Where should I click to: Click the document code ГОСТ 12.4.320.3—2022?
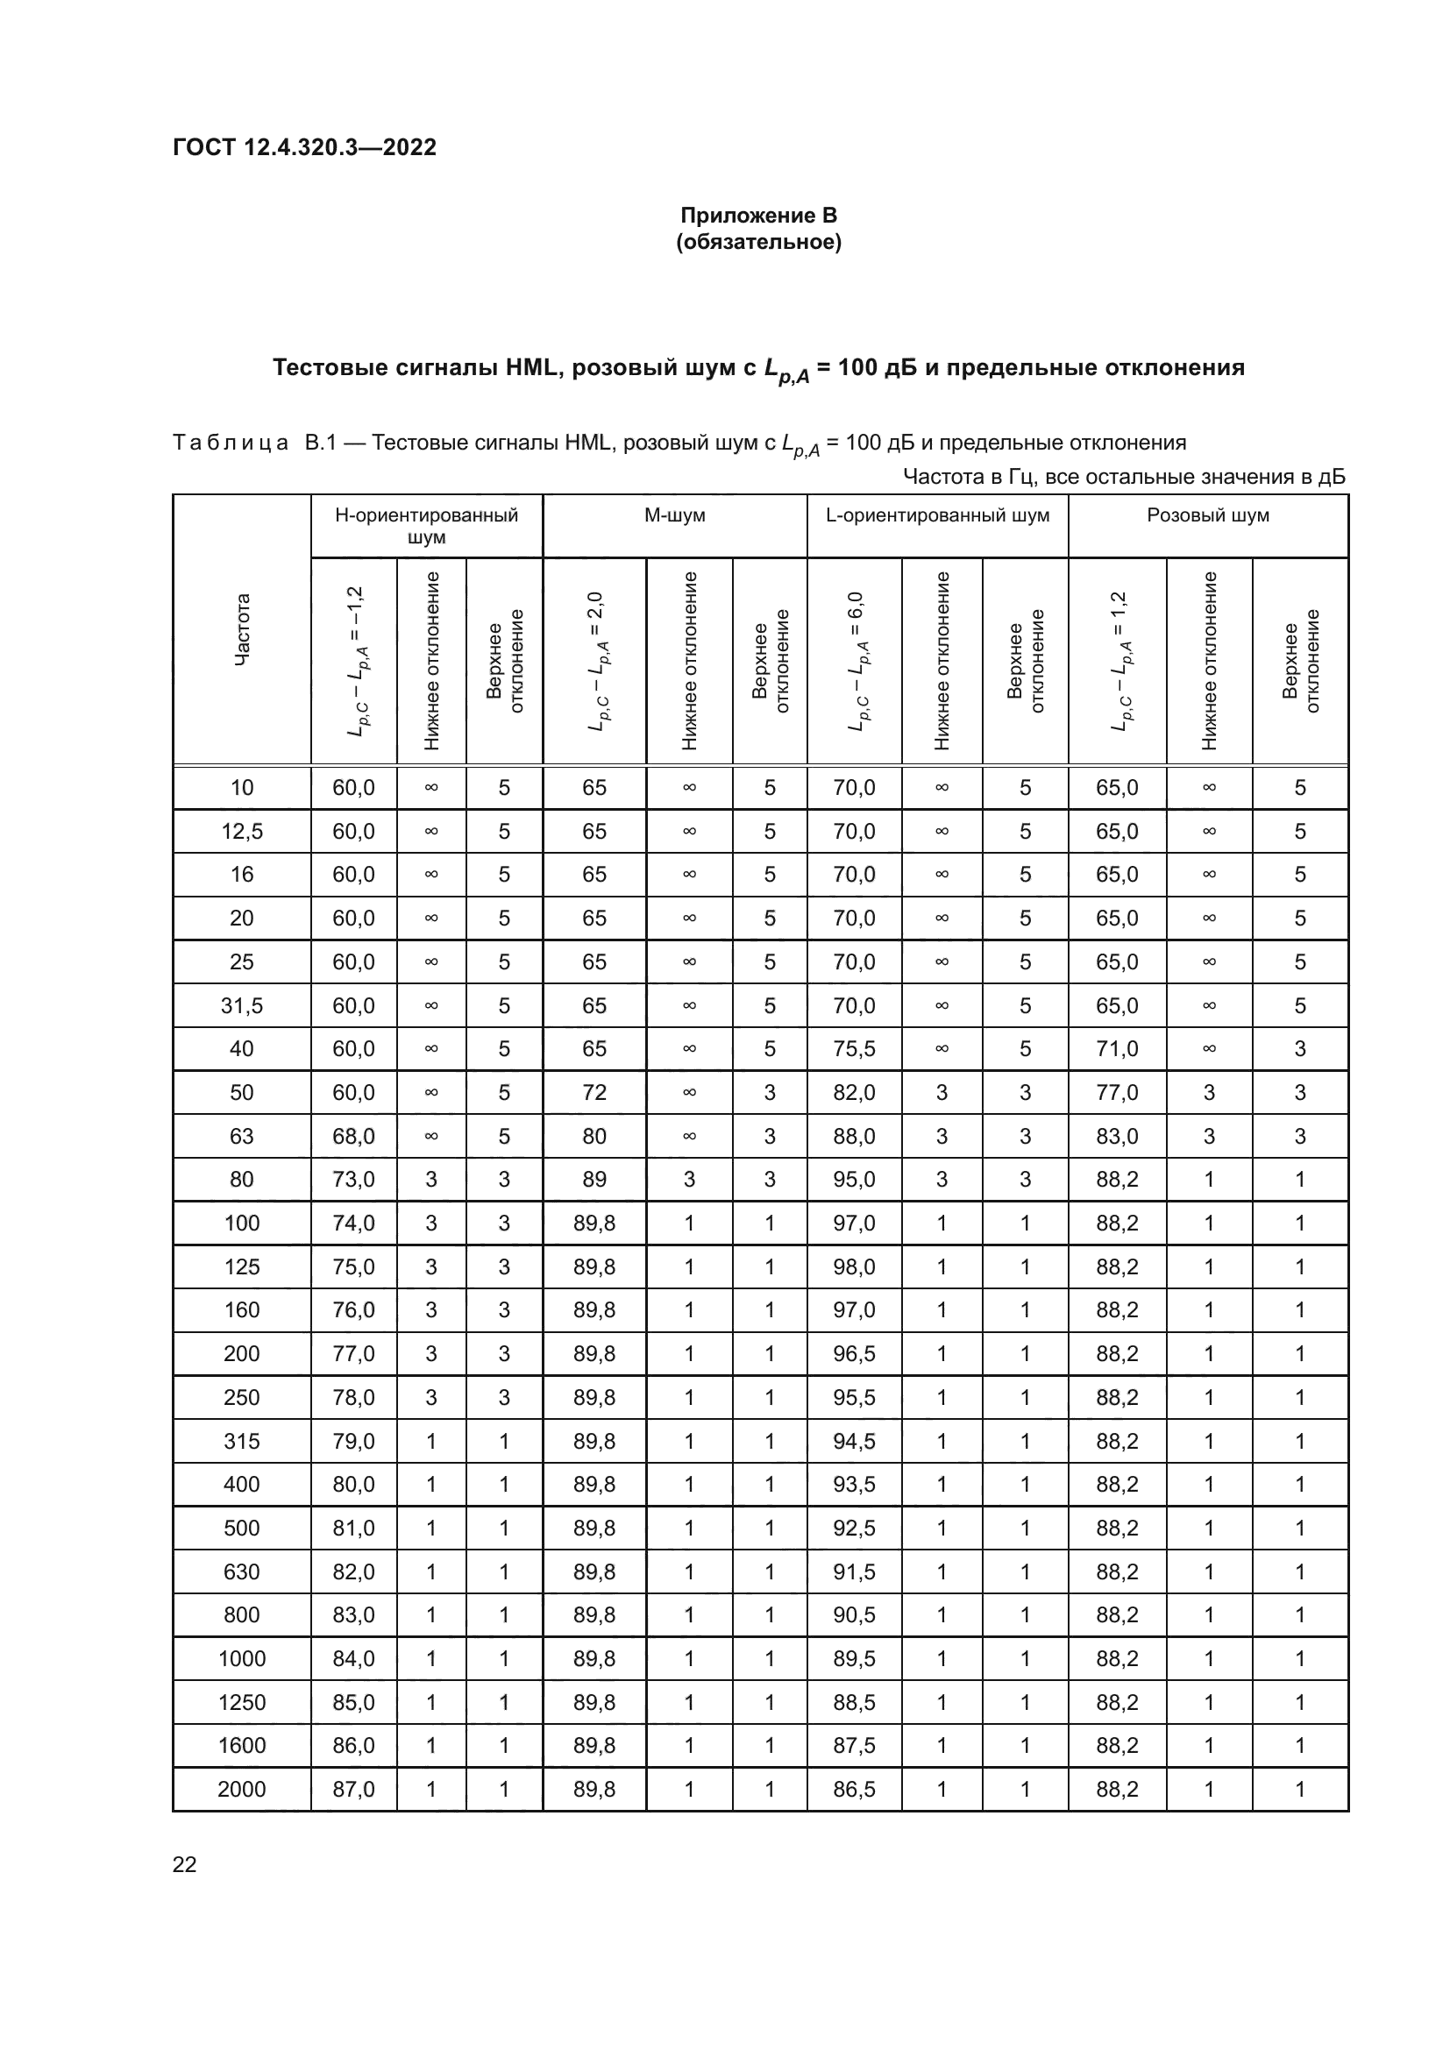coord(304,147)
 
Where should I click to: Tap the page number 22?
coord(185,1864)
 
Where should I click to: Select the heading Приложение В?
coord(758,216)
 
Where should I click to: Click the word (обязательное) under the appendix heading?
coord(758,242)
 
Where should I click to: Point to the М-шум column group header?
coord(674,515)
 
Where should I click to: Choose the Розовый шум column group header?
coord(1207,515)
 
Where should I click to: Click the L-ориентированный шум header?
coord(936,515)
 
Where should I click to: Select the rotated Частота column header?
coord(242,628)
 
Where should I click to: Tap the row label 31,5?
coord(242,1005)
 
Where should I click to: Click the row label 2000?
coord(242,1790)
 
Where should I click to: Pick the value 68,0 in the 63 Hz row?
coord(353,1136)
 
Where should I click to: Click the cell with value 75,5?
coord(854,1048)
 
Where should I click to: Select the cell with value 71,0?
coord(1117,1048)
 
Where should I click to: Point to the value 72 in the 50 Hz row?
coord(594,1092)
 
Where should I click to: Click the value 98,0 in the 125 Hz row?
coord(854,1266)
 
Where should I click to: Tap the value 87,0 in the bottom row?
coord(353,1790)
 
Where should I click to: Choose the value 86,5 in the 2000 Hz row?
coord(854,1790)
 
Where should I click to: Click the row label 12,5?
coord(242,831)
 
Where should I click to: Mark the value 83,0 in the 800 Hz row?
coord(353,1615)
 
